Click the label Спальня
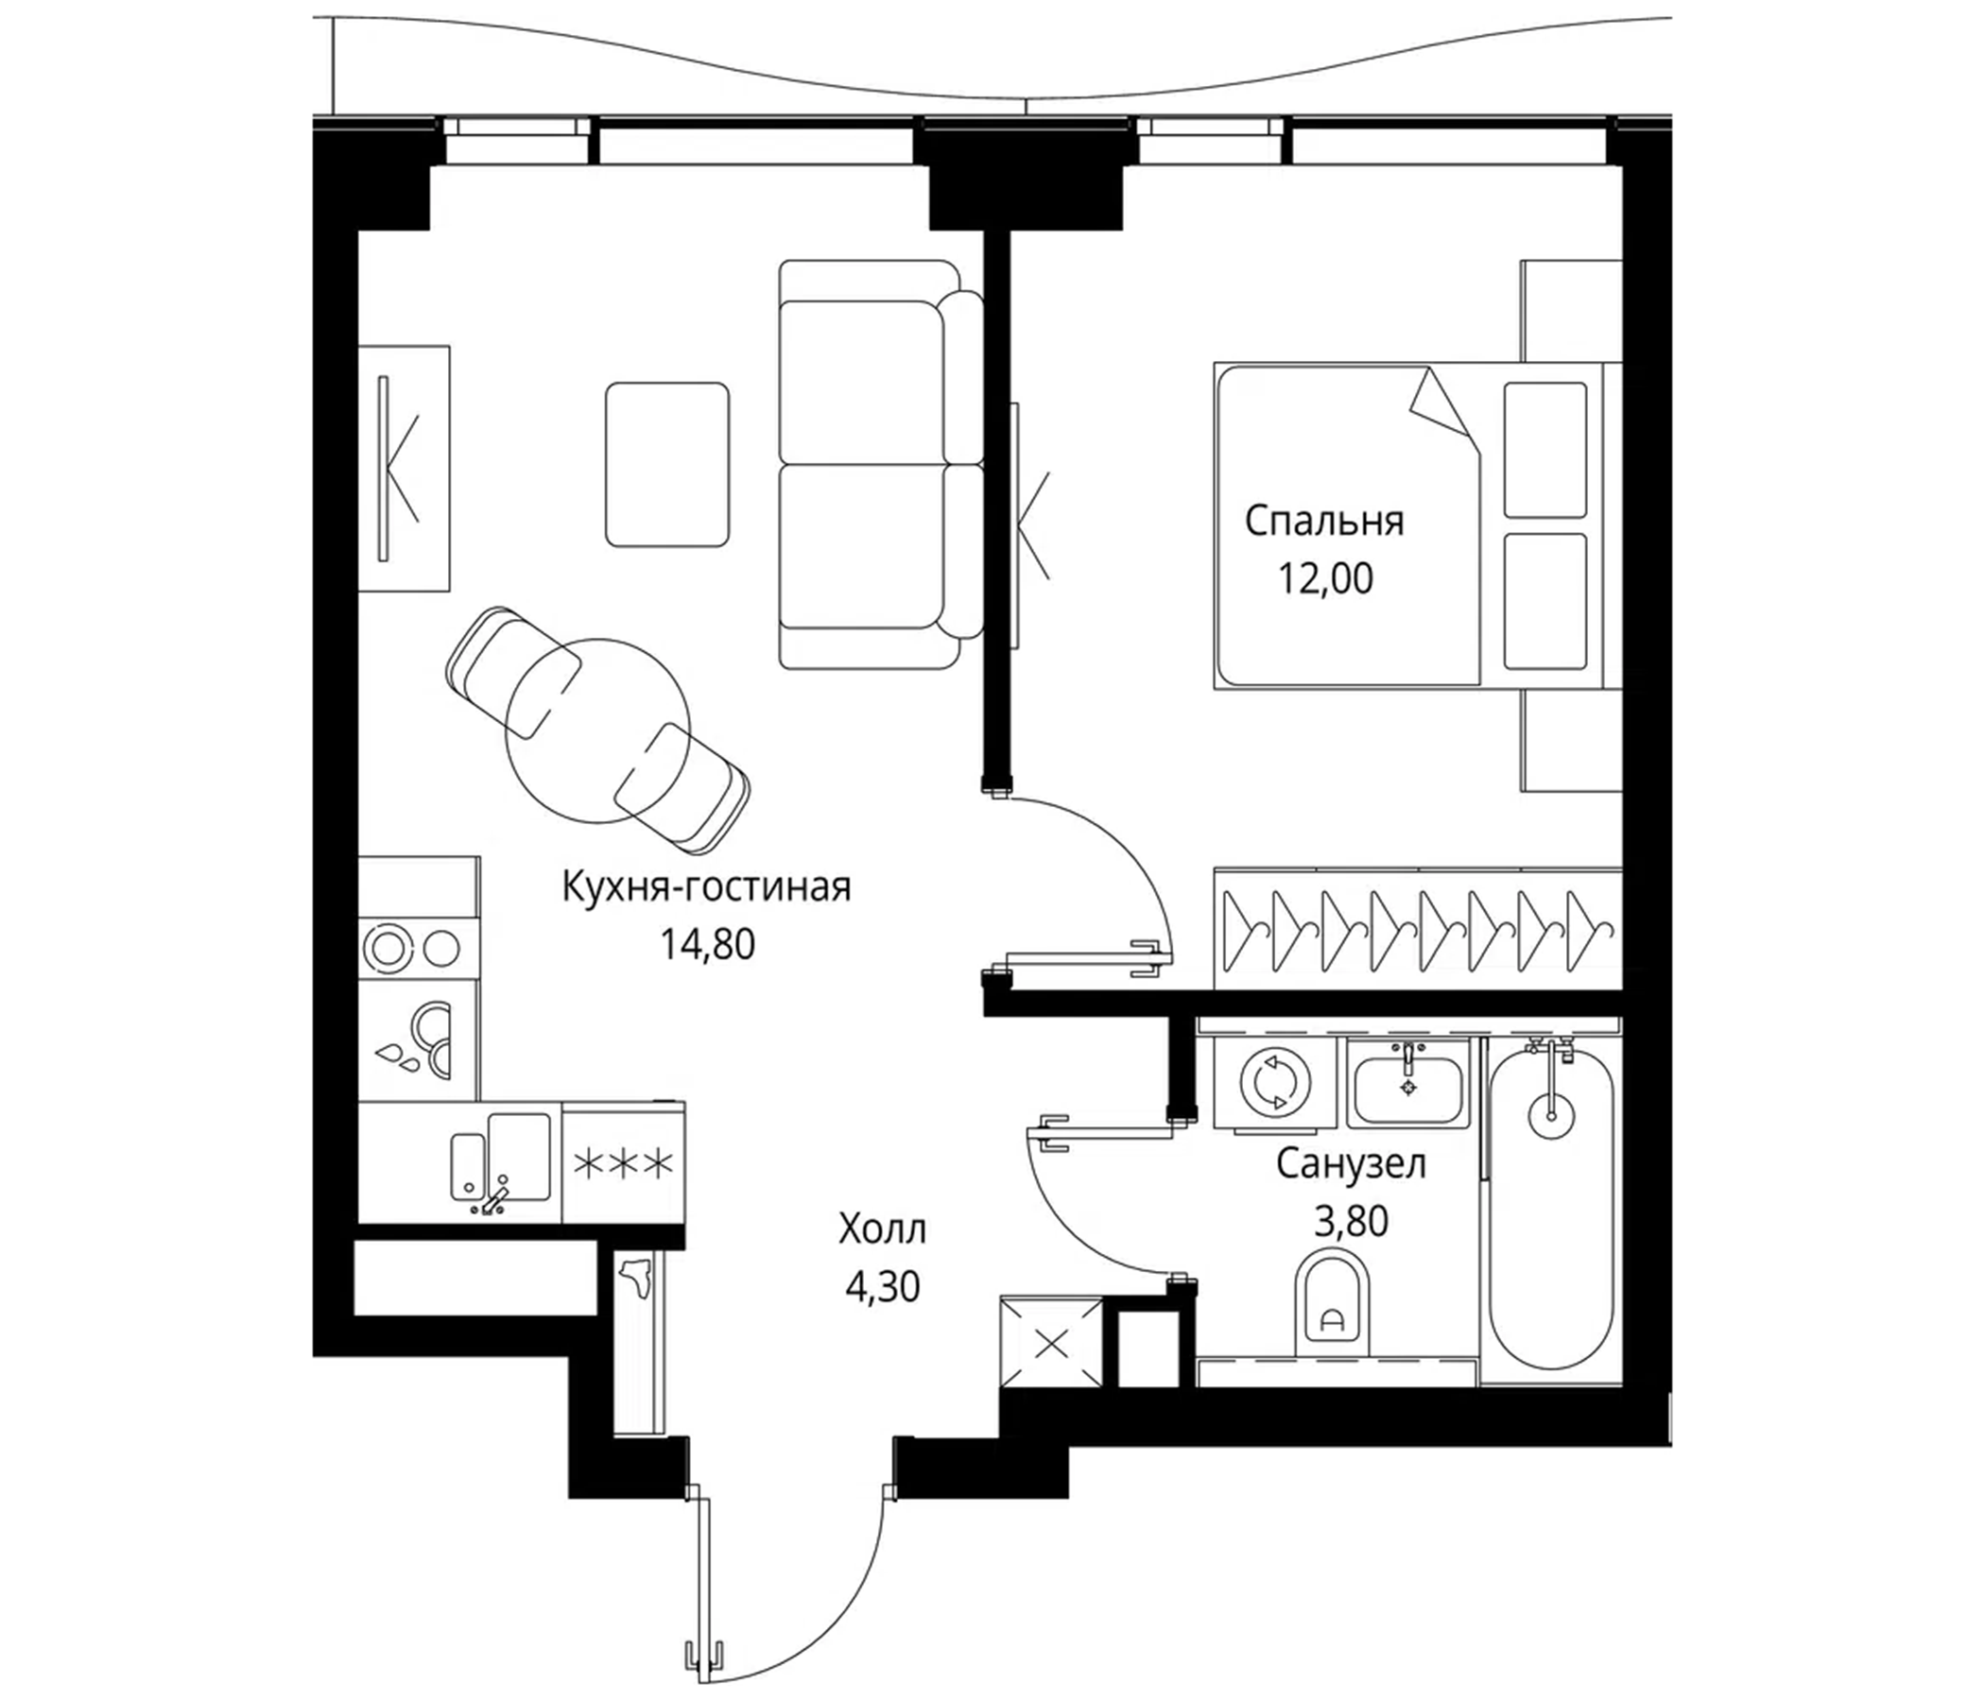click(x=1324, y=522)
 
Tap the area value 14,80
click(x=707, y=944)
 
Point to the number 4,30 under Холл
click(x=882, y=1288)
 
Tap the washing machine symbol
click(x=1274, y=1082)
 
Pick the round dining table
click(x=597, y=730)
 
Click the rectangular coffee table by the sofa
click(x=667, y=465)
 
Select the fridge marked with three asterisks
click(x=624, y=1164)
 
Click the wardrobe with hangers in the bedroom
click(x=1418, y=929)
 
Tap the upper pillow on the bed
click(x=1545, y=450)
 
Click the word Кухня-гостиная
click(x=706, y=887)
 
